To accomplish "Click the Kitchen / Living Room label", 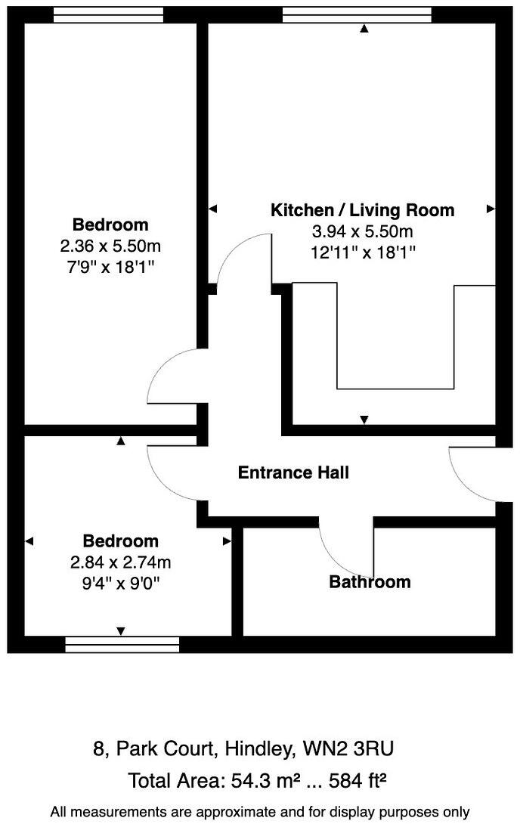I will (x=363, y=210).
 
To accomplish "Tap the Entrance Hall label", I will (x=293, y=473).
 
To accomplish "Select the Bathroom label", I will (x=370, y=582).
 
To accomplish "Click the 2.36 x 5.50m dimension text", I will (x=110, y=246).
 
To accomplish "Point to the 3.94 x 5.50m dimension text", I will (x=363, y=231).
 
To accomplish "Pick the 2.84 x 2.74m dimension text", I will (x=121, y=562).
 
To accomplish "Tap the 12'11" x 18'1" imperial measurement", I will (x=363, y=252).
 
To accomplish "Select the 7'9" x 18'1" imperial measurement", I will (x=110, y=267).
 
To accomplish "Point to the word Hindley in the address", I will (x=257, y=749).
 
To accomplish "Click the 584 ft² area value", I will (x=351, y=779).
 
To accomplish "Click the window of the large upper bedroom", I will (x=109, y=14).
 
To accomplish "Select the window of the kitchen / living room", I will (x=357, y=14).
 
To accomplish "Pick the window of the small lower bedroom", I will (x=122, y=644).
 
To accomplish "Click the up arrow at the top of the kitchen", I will (x=364, y=29).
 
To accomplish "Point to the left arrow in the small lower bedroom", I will (x=29, y=541).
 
